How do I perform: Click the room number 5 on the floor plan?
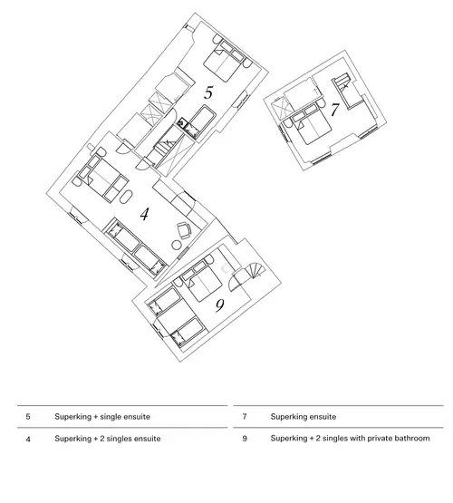(208, 92)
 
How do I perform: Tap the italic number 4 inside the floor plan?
(145, 214)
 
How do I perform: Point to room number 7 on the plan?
(334, 110)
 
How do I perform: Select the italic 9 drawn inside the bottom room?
(219, 305)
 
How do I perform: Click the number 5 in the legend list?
(28, 417)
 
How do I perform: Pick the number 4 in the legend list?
(28, 439)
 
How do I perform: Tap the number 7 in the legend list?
(245, 417)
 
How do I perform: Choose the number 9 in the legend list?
(245, 439)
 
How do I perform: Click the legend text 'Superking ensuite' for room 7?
(304, 417)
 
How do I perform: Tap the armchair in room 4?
(184, 229)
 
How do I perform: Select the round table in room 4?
(177, 246)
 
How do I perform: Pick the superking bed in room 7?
(313, 127)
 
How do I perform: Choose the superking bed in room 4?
(102, 177)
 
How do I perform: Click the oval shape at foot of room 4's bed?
(126, 197)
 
